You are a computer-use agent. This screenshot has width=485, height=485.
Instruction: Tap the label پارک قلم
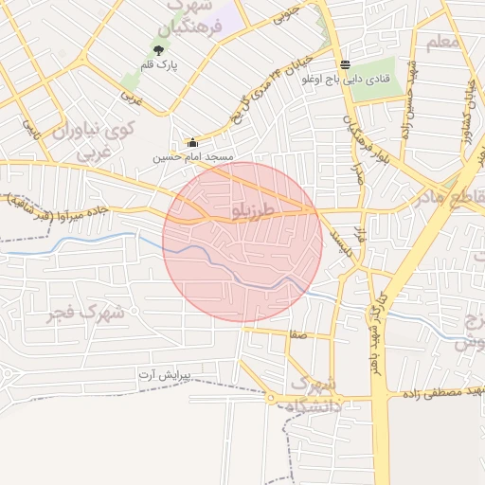(x=161, y=66)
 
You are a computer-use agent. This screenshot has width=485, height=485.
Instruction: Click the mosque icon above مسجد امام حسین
(x=192, y=142)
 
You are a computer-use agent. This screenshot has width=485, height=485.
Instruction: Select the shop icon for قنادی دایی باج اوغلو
(x=345, y=65)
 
